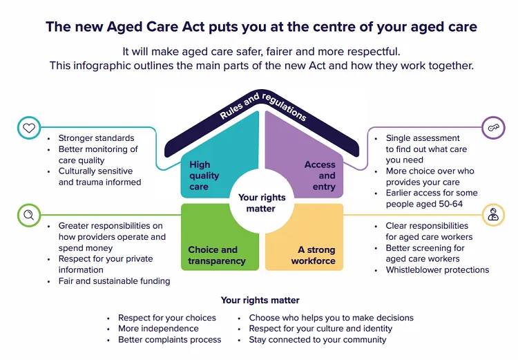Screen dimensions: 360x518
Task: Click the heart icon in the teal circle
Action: pyautogui.click(x=28, y=128)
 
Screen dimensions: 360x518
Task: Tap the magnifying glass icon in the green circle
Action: pyautogui.click(x=28, y=215)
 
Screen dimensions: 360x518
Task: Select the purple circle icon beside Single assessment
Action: pyautogui.click(x=492, y=128)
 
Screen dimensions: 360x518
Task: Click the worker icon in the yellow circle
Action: pyautogui.click(x=492, y=215)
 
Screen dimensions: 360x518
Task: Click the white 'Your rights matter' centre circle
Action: pyautogui.click(x=261, y=202)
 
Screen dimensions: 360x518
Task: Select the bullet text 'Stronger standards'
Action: pyautogui.click(x=96, y=138)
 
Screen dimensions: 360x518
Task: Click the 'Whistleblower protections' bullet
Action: pyautogui.click(x=437, y=269)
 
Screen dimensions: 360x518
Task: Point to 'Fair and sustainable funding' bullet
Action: pyautogui.click(x=114, y=281)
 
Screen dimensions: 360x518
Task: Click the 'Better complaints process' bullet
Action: pyautogui.click(x=170, y=340)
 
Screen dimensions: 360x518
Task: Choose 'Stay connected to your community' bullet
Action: pyautogui.click(x=318, y=340)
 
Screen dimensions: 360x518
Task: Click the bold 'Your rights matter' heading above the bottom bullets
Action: pyautogui.click(x=260, y=301)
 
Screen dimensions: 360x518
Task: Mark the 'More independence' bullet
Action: pyautogui.click(x=158, y=329)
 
